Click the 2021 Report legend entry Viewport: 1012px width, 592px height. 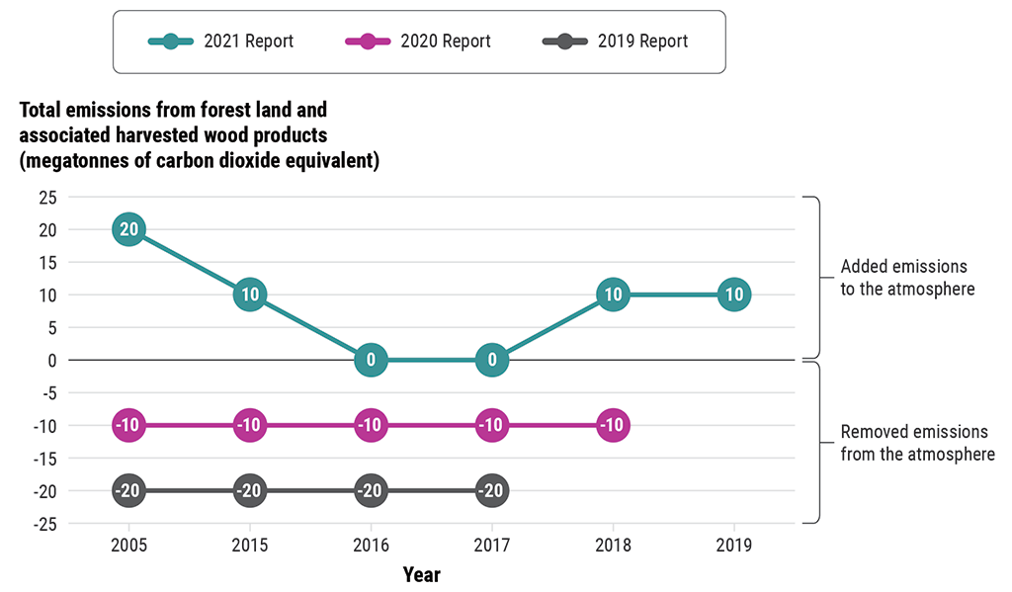pos(220,42)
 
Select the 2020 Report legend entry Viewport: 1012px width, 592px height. pos(417,42)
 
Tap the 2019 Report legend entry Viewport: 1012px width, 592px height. pos(615,42)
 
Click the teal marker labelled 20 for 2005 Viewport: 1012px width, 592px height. pos(129,229)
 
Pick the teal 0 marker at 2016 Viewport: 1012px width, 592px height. pos(371,360)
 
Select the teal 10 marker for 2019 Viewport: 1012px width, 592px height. pos(733,295)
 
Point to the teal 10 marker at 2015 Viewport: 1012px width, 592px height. pos(250,295)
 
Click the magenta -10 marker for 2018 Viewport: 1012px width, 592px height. pos(613,425)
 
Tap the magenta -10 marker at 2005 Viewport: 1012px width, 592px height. pos(129,425)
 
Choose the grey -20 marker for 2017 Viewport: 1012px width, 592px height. pos(492,490)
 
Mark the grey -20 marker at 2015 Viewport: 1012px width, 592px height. pos(250,490)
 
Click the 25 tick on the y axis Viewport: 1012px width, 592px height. pos(47,198)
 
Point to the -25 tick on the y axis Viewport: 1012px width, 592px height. pos(44,524)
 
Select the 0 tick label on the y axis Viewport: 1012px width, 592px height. pos(51,360)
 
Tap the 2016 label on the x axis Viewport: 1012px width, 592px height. pos(371,545)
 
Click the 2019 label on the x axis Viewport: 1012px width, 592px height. pos(733,545)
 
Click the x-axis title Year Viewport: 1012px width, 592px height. pos(422,574)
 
